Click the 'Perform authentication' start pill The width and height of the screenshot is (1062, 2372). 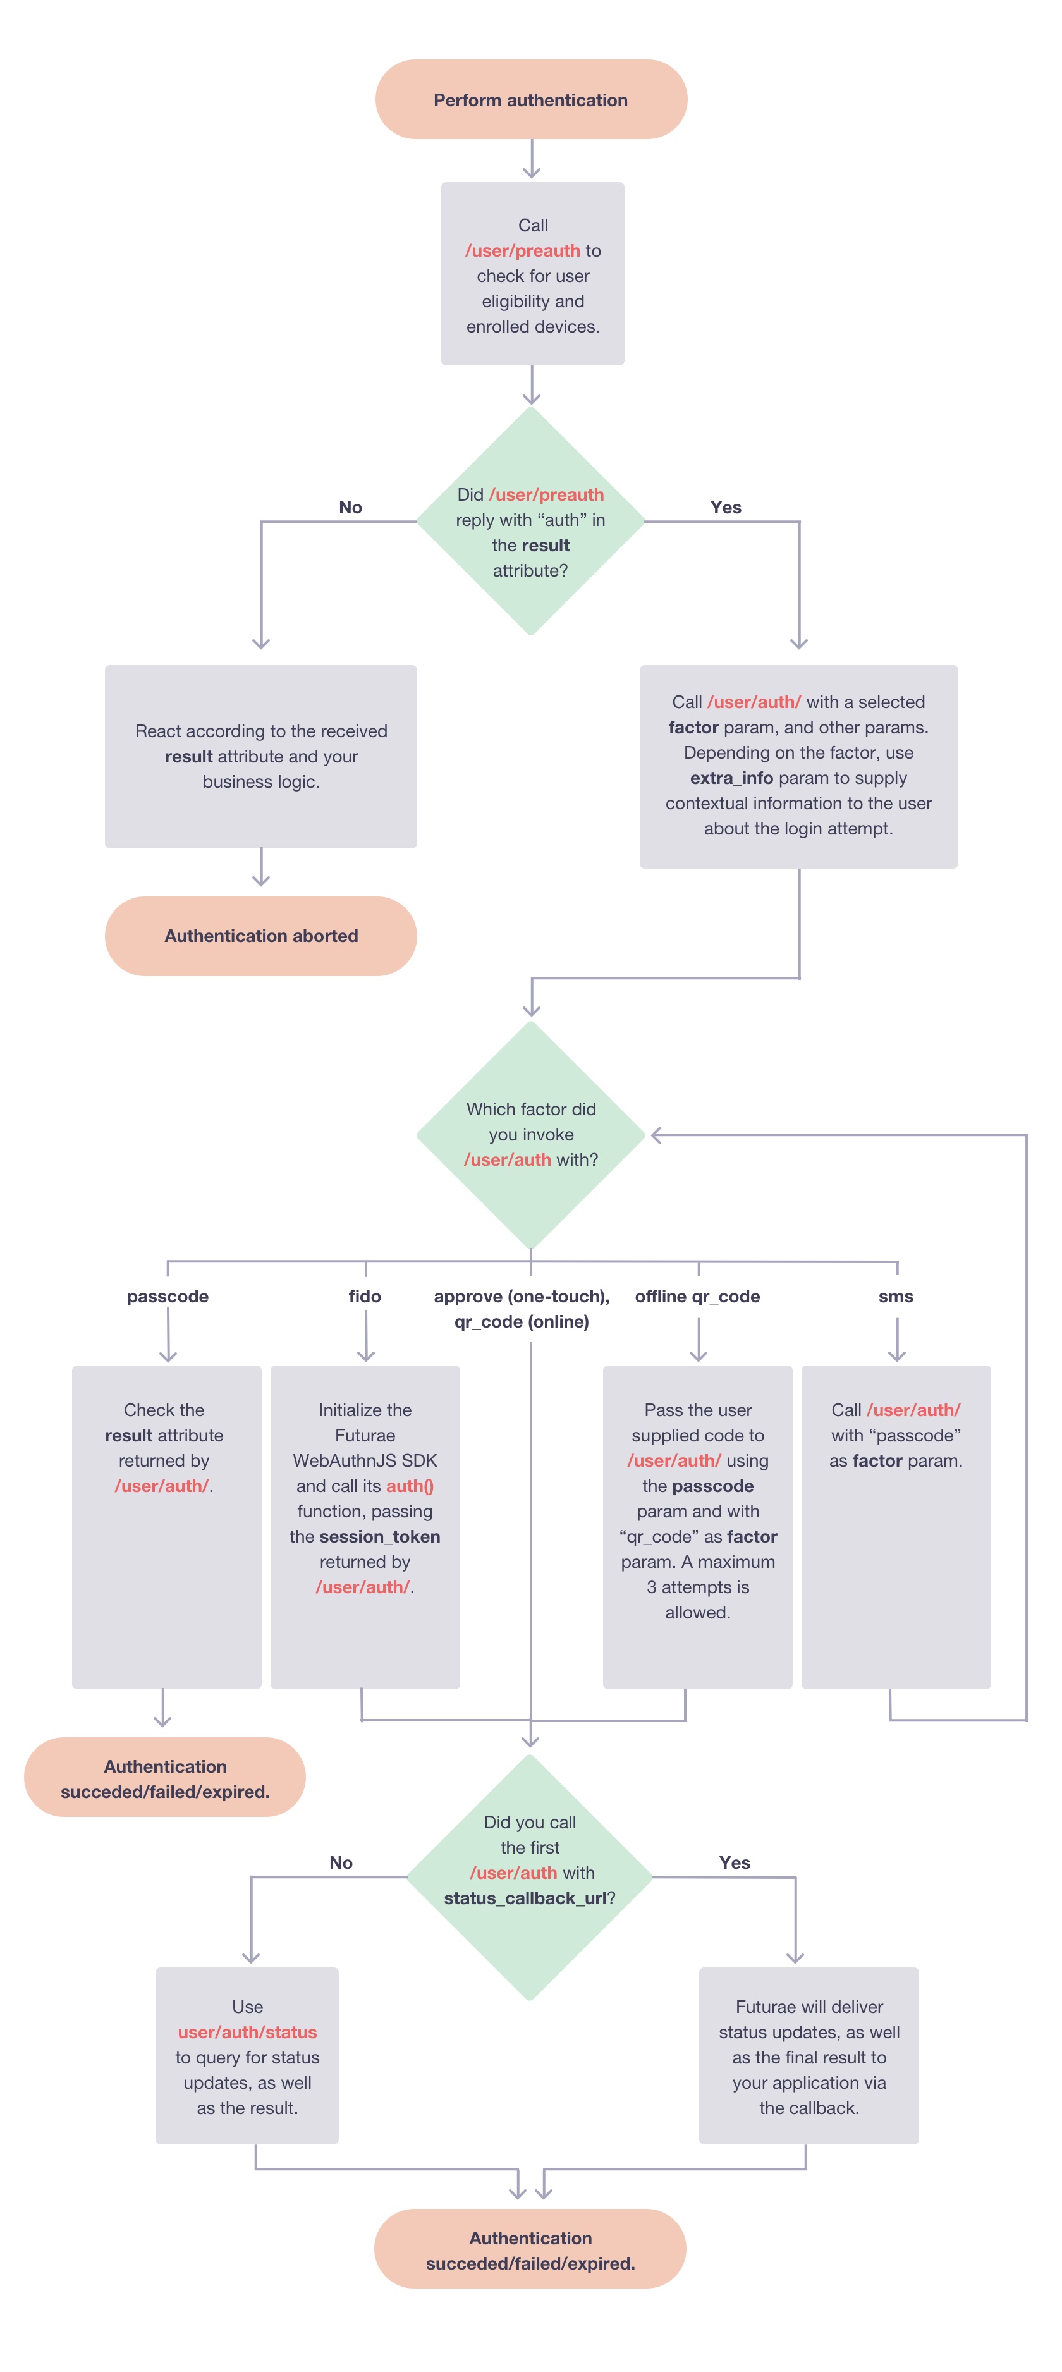[530, 99]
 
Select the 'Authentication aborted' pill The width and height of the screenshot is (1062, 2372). [260, 936]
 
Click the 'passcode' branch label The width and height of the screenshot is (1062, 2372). [168, 1297]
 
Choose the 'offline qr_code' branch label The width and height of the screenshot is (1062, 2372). [697, 1297]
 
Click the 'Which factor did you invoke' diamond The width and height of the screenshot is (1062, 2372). [530, 1134]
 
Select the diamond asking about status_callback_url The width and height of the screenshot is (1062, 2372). [530, 1876]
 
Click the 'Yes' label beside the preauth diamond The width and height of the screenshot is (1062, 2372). [726, 508]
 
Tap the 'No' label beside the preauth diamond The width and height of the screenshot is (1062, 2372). [351, 508]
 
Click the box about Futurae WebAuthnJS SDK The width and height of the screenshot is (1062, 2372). [365, 1527]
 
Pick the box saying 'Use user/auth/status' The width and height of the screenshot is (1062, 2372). [247, 2055]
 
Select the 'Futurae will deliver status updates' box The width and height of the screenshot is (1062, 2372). [809, 2055]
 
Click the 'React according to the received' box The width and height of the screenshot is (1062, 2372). [260, 756]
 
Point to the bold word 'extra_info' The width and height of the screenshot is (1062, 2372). [731, 778]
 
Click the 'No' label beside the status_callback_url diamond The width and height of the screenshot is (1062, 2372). [341, 1863]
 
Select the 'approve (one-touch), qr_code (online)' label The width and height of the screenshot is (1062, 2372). [522, 1309]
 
